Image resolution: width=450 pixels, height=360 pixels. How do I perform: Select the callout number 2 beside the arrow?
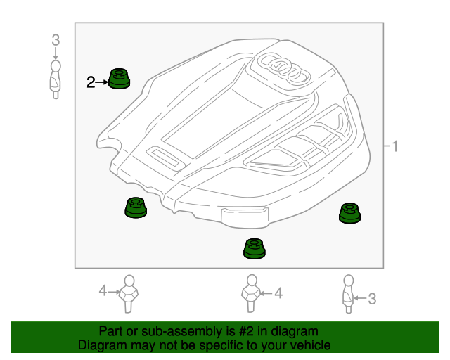click(x=90, y=82)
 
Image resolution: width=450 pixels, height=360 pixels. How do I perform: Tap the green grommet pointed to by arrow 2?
click(x=119, y=79)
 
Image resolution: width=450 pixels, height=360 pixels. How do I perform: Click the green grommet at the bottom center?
click(x=255, y=248)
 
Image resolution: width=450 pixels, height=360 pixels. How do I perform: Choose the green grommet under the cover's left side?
click(x=134, y=208)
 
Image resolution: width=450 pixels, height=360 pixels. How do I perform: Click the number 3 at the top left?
click(x=56, y=41)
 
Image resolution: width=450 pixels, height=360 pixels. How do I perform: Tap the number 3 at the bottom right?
click(x=372, y=300)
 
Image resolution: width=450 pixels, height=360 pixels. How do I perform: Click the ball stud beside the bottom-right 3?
click(x=348, y=294)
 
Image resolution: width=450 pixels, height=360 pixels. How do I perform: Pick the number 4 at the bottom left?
click(x=102, y=290)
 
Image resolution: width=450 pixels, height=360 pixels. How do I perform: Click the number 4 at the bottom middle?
click(x=278, y=293)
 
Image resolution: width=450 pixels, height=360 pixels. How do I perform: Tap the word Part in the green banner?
click(x=112, y=331)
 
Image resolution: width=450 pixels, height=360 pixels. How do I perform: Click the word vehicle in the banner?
click(x=309, y=345)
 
